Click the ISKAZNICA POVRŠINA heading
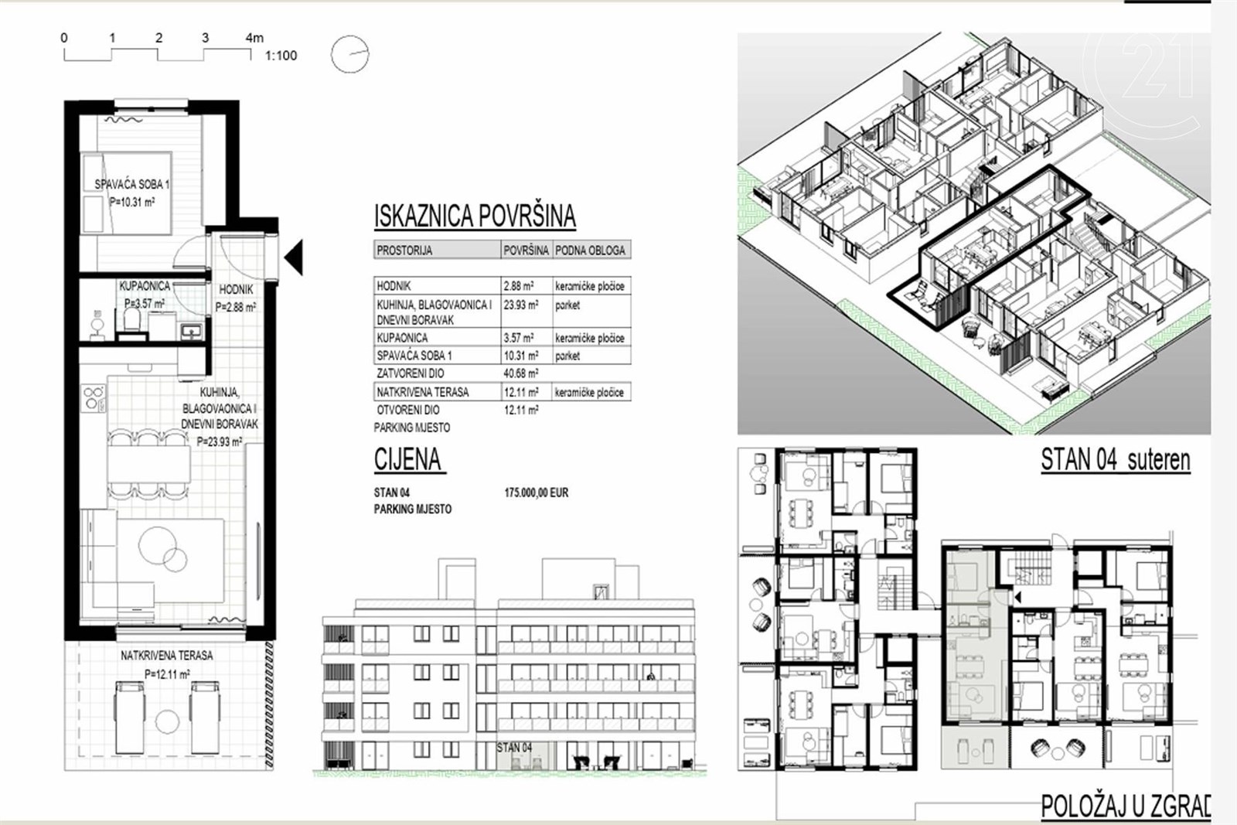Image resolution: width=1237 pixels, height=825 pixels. coord(475,216)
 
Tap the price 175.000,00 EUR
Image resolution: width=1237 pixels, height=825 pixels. coord(537,493)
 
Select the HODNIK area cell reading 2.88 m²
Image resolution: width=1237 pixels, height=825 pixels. coord(518,286)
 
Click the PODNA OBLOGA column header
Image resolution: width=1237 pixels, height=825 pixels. coord(591,251)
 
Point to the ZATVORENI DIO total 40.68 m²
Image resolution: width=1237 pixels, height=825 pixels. coord(521,373)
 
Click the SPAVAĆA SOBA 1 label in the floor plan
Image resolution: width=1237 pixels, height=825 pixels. coord(132,185)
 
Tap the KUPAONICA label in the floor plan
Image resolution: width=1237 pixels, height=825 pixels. coord(145,286)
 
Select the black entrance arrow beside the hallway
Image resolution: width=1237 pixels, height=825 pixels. coord(294,257)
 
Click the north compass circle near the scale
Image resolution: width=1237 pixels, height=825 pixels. coord(349,54)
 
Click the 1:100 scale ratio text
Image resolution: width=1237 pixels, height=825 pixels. coord(281,56)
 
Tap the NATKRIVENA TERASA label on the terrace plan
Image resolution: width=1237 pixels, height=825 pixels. coord(167,656)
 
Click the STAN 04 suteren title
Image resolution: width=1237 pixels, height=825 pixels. coord(1116,460)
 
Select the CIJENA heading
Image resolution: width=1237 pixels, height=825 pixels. coord(408,459)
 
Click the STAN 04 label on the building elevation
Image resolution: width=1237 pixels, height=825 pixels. coord(514,748)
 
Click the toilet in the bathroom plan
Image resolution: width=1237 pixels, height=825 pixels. coord(131,321)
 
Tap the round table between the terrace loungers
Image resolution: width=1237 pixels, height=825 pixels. coord(167,721)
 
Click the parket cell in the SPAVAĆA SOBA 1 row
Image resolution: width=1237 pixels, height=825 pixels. coord(567,356)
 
